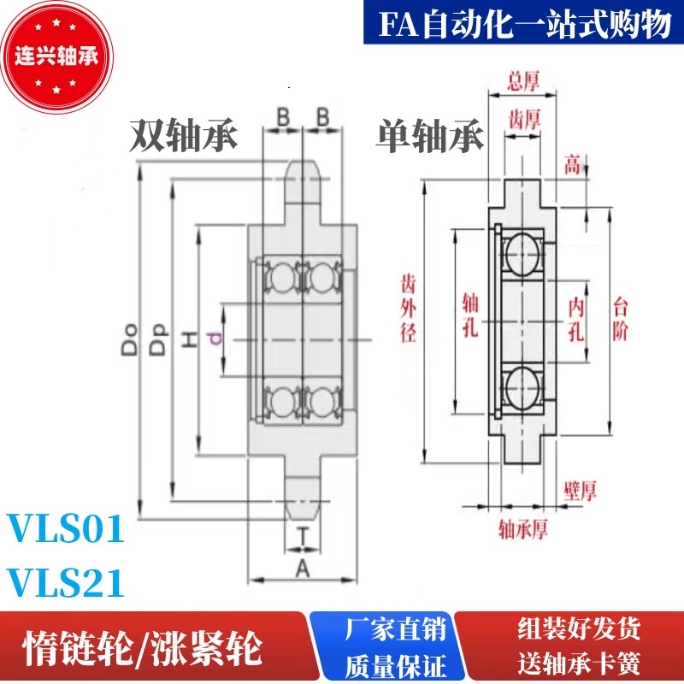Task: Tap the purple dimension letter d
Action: tap(216, 340)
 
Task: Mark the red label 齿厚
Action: tap(523, 117)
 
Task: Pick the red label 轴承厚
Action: tap(522, 530)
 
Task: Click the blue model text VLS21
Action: tap(66, 584)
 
